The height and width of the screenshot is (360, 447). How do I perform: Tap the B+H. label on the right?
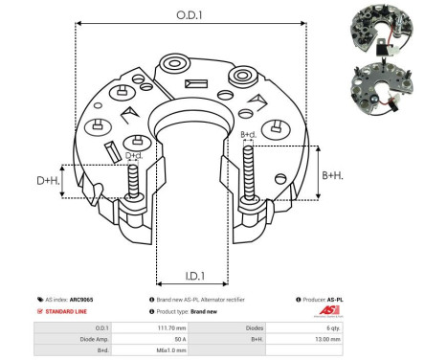[332, 175]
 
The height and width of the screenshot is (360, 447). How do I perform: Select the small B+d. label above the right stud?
[248, 135]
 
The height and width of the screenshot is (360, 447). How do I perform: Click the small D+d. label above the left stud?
[134, 155]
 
